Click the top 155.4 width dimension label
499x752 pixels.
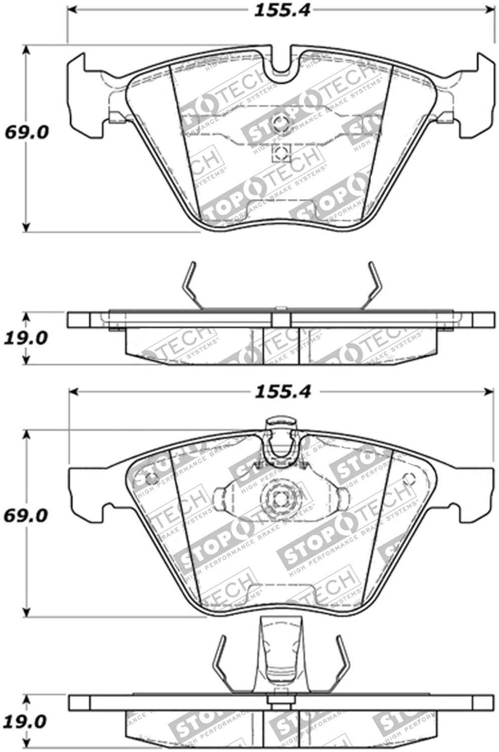point(282,10)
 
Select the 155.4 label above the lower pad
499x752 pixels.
point(282,392)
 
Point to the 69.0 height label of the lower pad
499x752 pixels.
point(26,515)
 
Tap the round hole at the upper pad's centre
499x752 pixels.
point(280,123)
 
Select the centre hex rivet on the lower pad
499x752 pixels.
point(279,499)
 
